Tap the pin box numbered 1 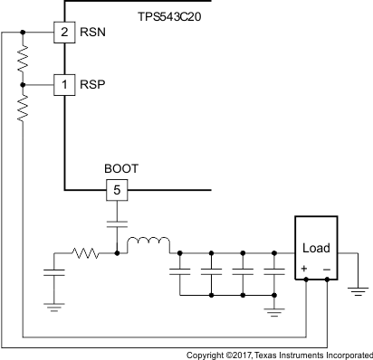(x=64, y=84)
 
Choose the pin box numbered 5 (x=116, y=191)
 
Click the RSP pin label (x=91, y=84)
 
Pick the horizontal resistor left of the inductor (x=86, y=254)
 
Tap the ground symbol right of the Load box (x=358, y=291)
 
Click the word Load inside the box (x=315, y=248)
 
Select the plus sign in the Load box (x=304, y=269)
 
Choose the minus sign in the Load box (x=326, y=269)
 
